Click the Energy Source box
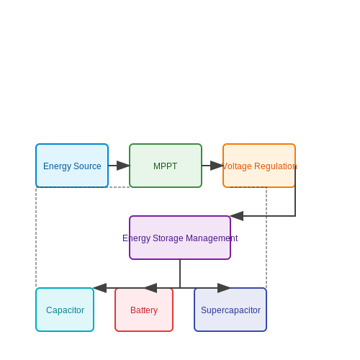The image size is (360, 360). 72,166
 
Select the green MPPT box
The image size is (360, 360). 166,166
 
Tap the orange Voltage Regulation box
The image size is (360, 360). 259,166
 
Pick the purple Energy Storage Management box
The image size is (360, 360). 180,238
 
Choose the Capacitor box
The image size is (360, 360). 65,310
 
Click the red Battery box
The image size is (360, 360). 144,310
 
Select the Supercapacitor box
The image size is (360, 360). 230,310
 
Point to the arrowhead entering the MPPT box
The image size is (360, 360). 123,166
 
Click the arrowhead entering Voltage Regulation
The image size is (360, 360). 217,166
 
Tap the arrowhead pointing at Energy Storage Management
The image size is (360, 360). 237,216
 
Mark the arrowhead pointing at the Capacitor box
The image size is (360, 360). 100,288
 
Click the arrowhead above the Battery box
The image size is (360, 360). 150,288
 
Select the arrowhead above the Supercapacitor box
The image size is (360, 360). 224,288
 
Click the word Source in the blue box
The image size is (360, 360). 87,166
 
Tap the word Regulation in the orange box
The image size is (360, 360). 276,166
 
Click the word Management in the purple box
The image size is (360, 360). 212,238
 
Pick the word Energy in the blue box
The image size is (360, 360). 58,166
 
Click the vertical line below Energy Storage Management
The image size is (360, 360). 180,274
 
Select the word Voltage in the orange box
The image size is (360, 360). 238,166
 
